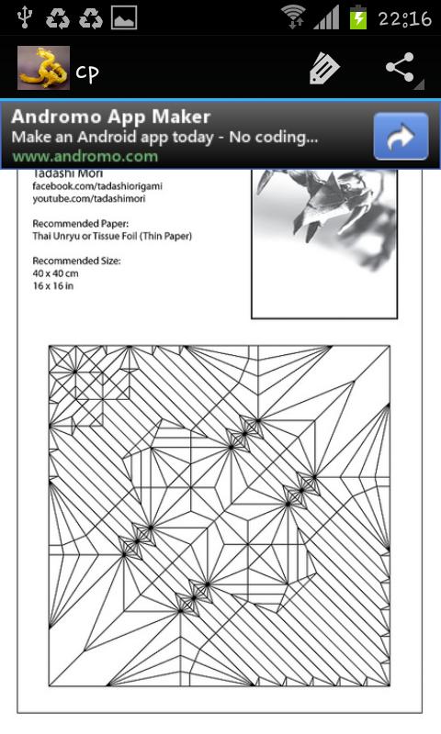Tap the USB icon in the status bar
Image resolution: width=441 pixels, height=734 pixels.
[x=24, y=17]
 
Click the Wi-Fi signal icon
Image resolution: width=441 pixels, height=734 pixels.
[x=293, y=17]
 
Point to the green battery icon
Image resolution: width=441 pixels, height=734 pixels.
[x=358, y=17]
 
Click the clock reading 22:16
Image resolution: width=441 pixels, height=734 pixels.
[x=405, y=18]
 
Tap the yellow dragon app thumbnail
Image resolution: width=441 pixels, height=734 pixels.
[x=43, y=68]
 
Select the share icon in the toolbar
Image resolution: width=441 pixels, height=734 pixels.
[x=401, y=68]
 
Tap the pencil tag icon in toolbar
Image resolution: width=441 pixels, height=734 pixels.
[x=323, y=68]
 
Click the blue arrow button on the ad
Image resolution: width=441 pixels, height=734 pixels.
[x=401, y=136]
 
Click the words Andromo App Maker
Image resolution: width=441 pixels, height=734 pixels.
[x=111, y=117]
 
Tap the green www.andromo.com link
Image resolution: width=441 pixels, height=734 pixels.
[x=85, y=156]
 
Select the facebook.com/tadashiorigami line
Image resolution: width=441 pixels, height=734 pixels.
[x=97, y=186]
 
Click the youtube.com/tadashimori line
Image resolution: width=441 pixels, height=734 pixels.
[x=89, y=198]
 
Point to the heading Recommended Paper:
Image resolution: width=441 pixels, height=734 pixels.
[x=81, y=224]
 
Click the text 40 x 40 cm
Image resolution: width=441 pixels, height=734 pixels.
[x=55, y=273]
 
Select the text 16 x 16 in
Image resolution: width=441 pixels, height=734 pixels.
[x=53, y=285]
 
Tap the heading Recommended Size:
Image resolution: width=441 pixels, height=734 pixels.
[x=76, y=261]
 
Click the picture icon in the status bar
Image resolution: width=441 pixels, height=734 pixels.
[x=124, y=17]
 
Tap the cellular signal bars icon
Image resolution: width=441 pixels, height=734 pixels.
[x=326, y=17]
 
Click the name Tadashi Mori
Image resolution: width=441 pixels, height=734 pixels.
[x=67, y=173]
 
